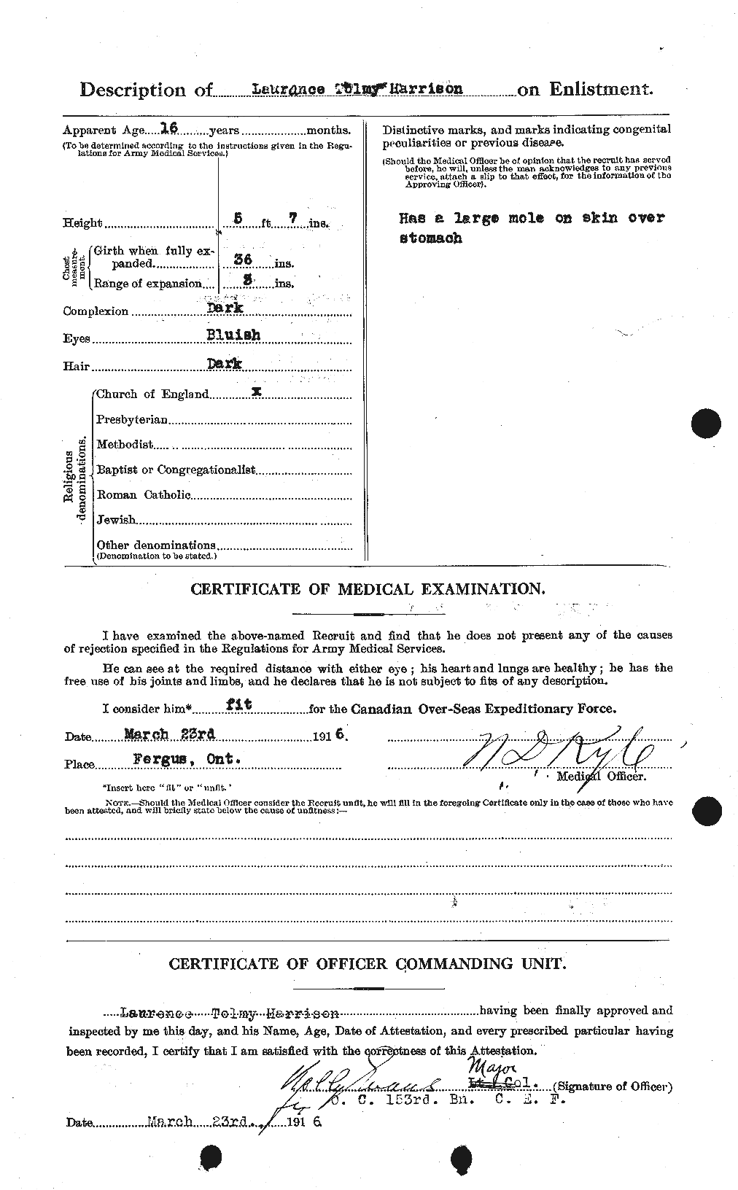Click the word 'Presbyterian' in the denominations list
(132, 420)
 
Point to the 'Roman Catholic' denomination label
(144, 495)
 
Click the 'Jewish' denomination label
(116, 520)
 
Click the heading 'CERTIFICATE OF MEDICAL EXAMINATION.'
(367, 589)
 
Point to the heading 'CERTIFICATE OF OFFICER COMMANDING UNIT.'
(367, 963)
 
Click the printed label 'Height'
(82, 223)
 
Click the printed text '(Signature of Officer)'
(611, 1086)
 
